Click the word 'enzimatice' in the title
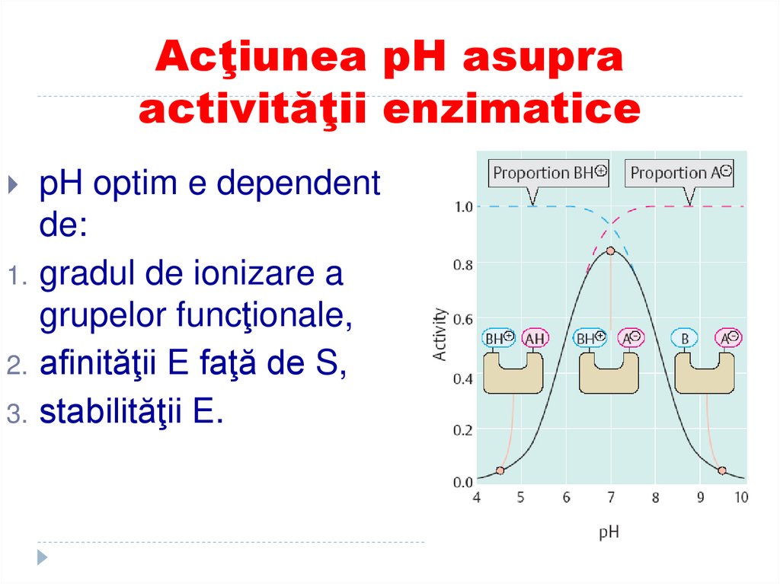[x=511, y=110]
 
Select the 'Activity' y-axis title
[x=440, y=333]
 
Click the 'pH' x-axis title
[x=609, y=532]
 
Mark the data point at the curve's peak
[x=610, y=251]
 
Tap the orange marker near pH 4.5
[x=500, y=471]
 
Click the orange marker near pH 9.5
[x=721, y=471]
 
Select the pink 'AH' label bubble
[x=535, y=338]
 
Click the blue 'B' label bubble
[x=686, y=338]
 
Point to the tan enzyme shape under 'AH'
[x=513, y=373]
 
